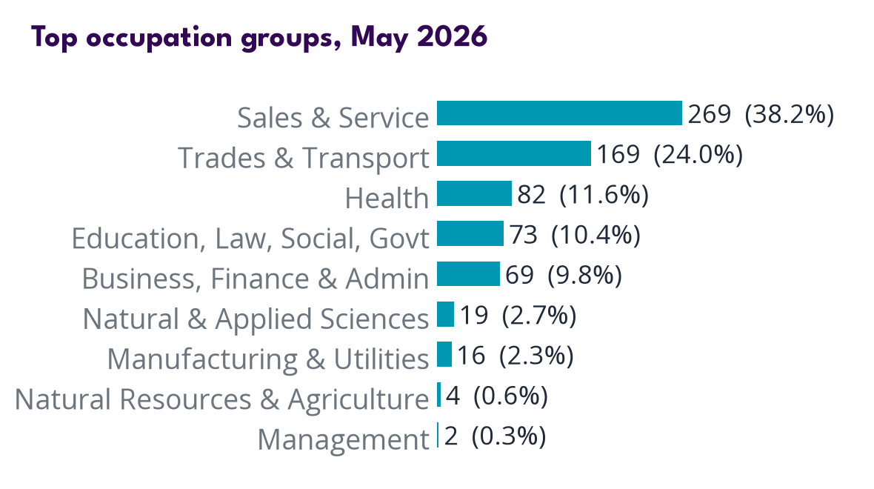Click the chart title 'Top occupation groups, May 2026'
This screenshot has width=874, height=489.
click(x=259, y=38)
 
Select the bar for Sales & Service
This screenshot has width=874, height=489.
click(x=559, y=113)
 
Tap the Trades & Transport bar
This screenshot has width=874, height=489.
click(x=514, y=153)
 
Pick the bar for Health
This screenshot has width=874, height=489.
click(x=474, y=193)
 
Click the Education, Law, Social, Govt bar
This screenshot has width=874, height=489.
click(x=470, y=233)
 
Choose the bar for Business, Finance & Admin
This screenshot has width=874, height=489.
click(x=468, y=274)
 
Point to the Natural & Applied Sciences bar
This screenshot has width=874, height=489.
click(x=445, y=314)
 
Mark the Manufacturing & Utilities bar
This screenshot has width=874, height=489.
click(x=444, y=354)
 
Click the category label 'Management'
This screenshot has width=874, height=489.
click(x=344, y=439)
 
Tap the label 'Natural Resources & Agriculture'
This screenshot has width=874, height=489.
click(x=222, y=399)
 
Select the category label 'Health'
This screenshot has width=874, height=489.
click(x=387, y=198)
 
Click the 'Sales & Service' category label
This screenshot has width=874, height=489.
click(x=333, y=118)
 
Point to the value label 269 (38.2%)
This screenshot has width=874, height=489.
click(x=761, y=114)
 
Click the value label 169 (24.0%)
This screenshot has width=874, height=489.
click(x=670, y=154)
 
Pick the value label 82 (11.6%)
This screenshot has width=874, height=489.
click(x=583, y=194)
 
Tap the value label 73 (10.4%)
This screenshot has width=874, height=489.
click(x=576, y=234)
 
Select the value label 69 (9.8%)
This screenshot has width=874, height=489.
click(x=564, y=274)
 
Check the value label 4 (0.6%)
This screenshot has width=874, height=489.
click(x=497, y=396)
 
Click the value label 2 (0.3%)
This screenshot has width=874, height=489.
click(x=495, y=436)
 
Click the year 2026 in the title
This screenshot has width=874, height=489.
click(x=452, y=37)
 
